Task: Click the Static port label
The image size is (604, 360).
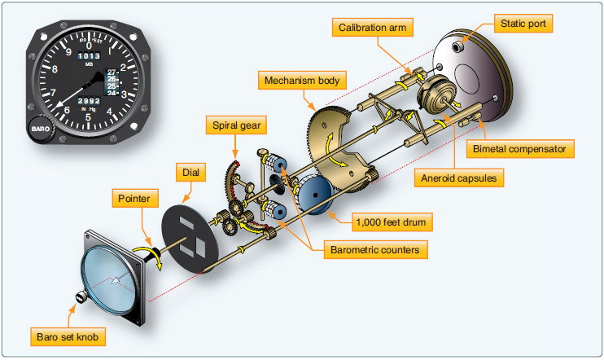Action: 522,24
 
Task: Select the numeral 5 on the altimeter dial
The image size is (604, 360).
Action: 88,117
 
